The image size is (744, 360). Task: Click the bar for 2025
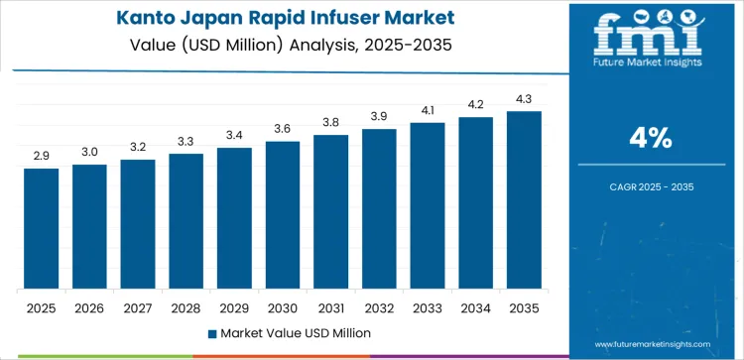point(42,229)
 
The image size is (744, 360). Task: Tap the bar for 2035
point(524,200)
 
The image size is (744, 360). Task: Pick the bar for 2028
point(186,221)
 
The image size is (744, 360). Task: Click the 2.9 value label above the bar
point(42,157)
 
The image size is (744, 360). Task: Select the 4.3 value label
point(524,99)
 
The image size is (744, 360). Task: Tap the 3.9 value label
point(379,117)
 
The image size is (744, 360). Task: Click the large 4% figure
point(651,140)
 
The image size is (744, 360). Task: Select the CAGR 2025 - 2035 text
point(651,185)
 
